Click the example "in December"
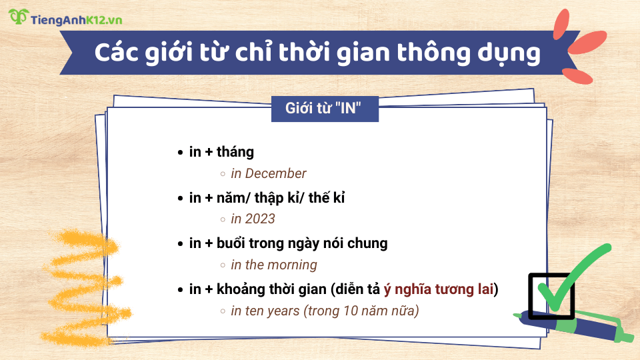tap(268, 173)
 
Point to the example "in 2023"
tap(253, 219)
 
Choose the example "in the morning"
tap(273, 265)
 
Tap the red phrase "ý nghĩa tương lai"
tap(440, 289)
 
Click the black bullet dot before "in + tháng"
tap(180, 153)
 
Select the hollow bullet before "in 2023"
tap(223, 219)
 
